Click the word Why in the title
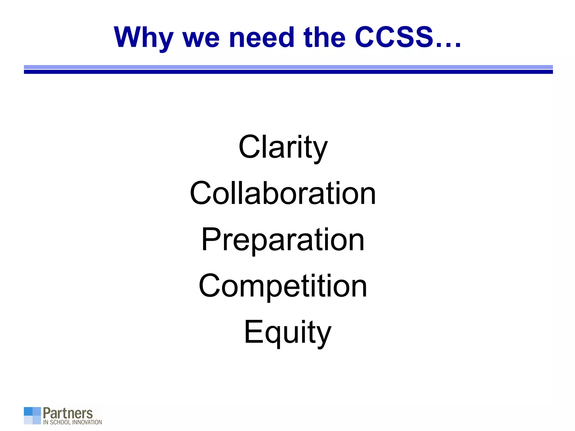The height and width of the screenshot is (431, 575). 143,38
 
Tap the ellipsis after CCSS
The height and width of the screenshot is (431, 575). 448,45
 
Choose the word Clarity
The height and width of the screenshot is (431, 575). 283,147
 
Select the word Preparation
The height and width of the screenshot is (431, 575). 283,240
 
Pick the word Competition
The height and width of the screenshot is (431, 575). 283,286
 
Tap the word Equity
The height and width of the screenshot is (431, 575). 288,333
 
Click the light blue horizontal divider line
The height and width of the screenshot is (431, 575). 288,67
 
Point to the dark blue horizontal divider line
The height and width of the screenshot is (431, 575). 288,72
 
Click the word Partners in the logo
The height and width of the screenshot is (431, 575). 68,413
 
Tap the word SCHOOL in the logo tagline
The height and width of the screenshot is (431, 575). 60,422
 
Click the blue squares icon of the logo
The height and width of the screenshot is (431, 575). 32,416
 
